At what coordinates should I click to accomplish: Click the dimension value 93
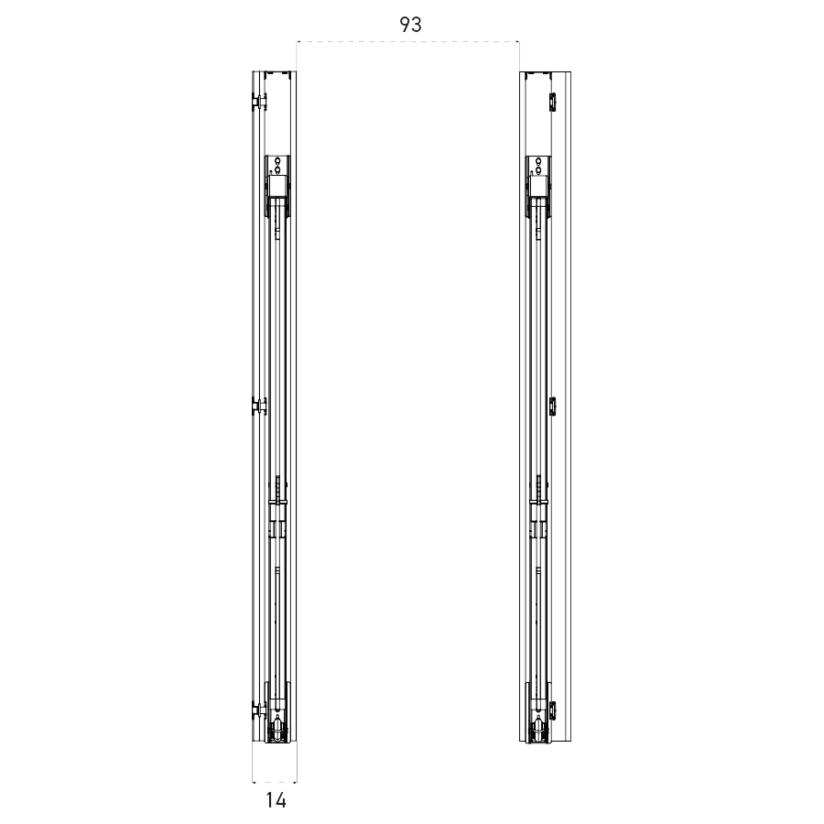pos(410,24)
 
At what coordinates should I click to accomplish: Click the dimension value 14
pos(276,800)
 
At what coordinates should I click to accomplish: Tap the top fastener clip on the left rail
pos(259,102)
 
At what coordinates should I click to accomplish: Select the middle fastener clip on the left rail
pos(259,406)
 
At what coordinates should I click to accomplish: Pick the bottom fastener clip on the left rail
pos(259,710)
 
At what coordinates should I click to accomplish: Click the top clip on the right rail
pos(552,102)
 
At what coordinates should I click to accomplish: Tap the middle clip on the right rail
pos(552,406)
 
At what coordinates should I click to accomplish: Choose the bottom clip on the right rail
pos(552,710)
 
